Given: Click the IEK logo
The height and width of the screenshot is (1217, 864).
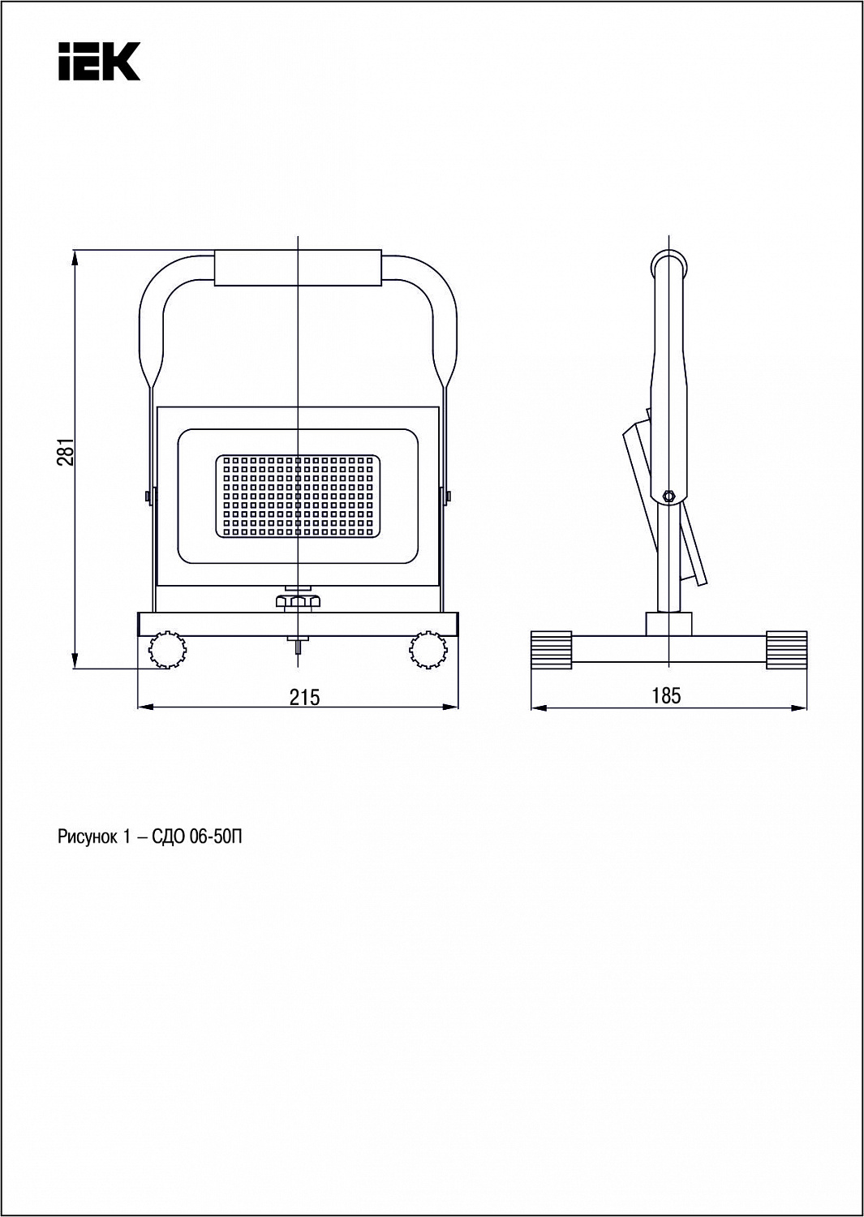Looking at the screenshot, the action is (x=100, y=62).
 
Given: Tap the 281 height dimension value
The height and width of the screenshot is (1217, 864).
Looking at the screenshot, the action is (x=65, y=451).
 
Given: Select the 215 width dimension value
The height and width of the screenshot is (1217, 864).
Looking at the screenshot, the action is (x=304, y=697).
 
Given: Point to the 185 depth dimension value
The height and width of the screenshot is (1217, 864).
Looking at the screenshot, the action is (x=666, y=695).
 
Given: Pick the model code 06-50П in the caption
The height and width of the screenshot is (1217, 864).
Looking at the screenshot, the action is (x=216, y=837).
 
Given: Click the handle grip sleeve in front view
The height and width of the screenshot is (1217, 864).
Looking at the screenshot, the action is (x=298, y=268).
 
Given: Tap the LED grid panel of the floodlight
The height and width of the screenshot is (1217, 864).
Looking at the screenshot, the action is (x=298, y=497).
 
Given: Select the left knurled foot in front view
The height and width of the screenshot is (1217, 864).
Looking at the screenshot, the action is (x=167, y=649).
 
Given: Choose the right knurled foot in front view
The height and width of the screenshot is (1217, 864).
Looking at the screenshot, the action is (x=428, y=649).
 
